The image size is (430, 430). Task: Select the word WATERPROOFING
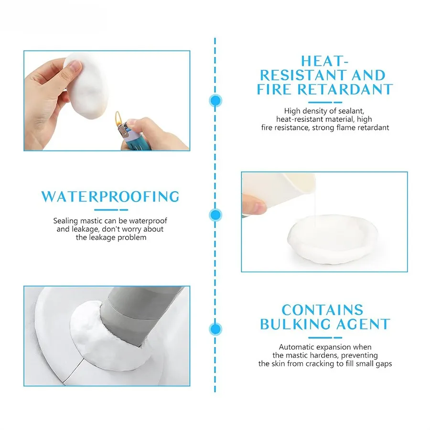[110, 197]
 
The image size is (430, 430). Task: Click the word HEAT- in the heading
[325, 61]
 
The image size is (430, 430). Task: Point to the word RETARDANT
[345, 89]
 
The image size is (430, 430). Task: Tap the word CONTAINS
[322, 310]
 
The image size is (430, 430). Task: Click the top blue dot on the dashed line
[215, 101]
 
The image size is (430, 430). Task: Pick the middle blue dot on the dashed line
[215, 215]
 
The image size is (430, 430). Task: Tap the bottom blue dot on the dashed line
[215, 329]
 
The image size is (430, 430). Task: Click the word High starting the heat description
[292, 111]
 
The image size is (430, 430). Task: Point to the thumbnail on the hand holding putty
[75, 66]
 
